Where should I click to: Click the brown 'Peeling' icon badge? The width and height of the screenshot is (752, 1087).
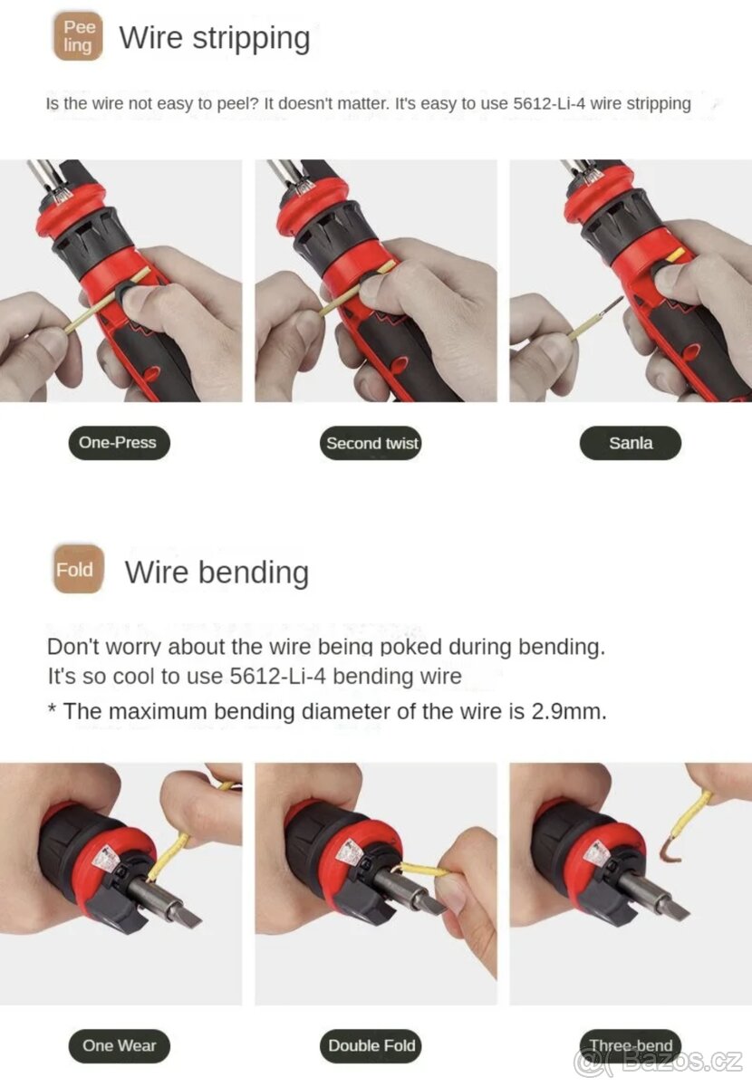78,36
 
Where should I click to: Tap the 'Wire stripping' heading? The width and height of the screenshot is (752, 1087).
215,38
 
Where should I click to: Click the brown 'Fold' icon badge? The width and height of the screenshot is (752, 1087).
78,569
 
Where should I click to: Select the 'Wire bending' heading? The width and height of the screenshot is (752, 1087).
217,572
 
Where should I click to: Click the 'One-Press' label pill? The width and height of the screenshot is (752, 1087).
119,443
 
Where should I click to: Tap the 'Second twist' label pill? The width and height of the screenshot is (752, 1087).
371,443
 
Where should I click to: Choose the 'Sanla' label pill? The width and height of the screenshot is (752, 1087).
631,443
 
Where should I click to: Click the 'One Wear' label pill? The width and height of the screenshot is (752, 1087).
119,1045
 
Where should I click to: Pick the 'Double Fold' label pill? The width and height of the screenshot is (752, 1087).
371,1045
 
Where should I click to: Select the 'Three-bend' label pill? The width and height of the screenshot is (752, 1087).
631,1044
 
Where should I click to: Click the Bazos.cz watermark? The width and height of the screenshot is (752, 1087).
659,1061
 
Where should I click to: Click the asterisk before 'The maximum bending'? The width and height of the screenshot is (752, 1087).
52,708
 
